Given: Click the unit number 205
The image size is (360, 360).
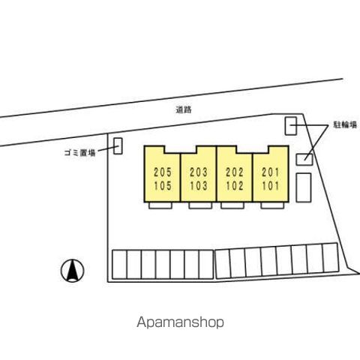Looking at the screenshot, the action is [163, 172].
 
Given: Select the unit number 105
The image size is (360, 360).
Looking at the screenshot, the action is [163, 186].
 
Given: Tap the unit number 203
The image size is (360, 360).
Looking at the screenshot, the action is [199, 172].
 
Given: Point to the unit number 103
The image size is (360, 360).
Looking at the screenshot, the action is [199, 186].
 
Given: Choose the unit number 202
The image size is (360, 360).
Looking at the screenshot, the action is [235, 172].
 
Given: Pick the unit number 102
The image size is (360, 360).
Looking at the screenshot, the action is [235, 186].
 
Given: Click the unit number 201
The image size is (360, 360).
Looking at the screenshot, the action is [271, 172].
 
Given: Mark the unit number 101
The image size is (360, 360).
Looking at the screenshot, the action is [271, 186].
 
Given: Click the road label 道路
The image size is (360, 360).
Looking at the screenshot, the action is [184, 109].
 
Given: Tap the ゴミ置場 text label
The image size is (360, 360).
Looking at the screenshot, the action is [80, 153].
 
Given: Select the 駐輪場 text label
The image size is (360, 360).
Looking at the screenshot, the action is [345, 124].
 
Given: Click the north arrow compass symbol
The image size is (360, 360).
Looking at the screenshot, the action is [73, 271].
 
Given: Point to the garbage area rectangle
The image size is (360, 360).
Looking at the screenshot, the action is [118, 146].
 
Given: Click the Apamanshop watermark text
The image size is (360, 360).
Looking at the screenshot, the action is [180, 322].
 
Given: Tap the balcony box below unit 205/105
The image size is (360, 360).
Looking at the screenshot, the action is [160, 205].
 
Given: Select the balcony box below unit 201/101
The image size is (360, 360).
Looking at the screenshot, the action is [272, 205].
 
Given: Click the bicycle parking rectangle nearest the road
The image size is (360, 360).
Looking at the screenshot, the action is [291, 126].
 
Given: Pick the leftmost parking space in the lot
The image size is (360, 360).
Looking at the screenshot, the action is [119, 265].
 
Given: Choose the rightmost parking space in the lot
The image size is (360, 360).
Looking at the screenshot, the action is [331, 258].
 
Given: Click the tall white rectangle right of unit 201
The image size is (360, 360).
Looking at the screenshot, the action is [304, 187].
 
